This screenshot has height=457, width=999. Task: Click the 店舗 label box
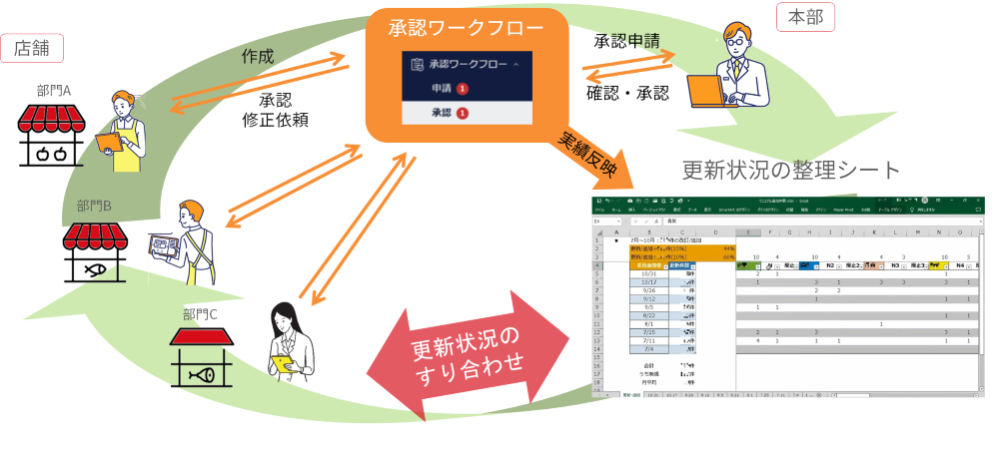point(34,47)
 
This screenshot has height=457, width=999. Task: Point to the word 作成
point(258,56)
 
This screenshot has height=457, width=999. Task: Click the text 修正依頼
point(275,120)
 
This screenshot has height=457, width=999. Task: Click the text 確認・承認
point(627,93)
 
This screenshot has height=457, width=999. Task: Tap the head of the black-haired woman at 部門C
point(285,316)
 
